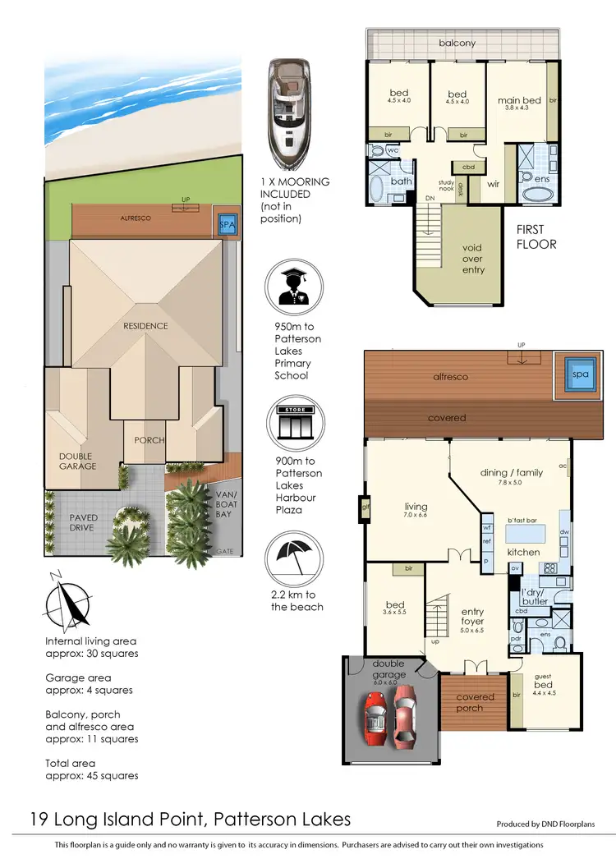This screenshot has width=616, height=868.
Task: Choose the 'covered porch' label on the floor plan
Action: click(x=475, y=702)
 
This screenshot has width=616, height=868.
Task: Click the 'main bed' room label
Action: click(x=519, y=101)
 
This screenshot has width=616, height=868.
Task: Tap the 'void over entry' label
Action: click(x=473, y=259)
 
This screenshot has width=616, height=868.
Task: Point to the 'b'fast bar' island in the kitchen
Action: click(x=533, y=532)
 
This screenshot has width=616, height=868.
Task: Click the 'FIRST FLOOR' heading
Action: click(x=536, y=238)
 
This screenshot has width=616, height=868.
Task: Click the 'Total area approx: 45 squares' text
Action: click(x=92, y=769)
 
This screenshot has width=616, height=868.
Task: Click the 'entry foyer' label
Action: click(x=472, y=617)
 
